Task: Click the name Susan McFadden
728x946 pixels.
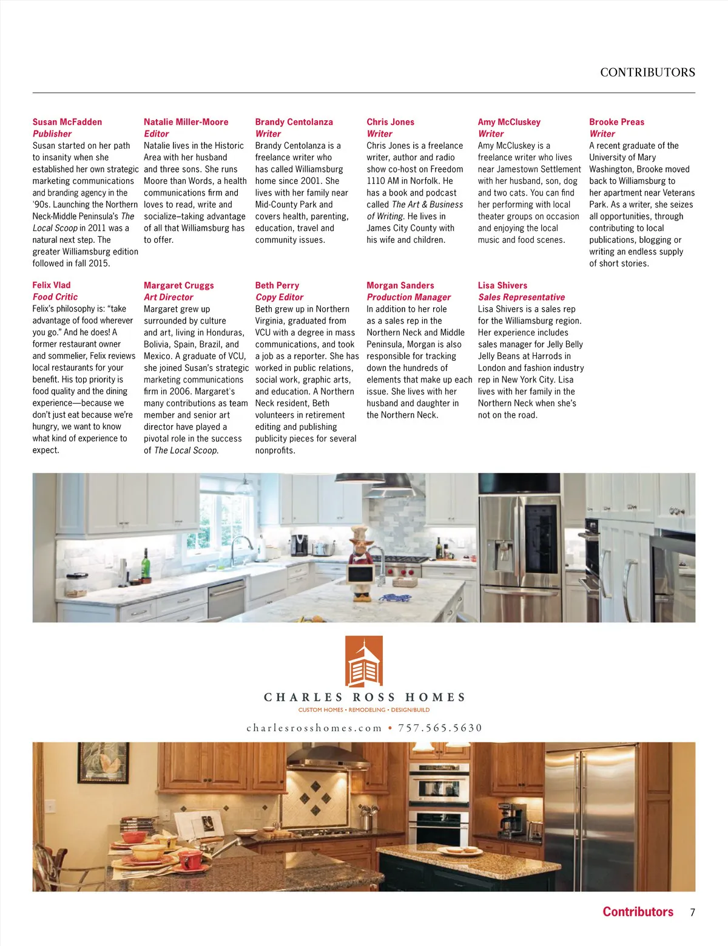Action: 67,122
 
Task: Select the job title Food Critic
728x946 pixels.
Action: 55,297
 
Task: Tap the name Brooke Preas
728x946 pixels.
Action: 616,122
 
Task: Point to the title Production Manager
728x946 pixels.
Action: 408,297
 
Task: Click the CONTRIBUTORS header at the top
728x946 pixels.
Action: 647,72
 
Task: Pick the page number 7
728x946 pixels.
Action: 692,912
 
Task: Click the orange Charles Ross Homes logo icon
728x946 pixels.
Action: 364,661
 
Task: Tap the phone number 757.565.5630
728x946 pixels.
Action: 440,728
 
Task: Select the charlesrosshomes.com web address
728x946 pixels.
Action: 314,728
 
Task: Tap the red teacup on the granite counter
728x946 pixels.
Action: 190,860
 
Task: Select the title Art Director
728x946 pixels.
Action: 168,297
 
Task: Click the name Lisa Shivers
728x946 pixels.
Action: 502,285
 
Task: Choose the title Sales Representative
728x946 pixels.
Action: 521,297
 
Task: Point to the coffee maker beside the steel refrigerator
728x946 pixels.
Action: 511,818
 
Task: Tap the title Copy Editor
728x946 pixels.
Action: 279,297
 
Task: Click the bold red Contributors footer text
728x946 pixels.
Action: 638,911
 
